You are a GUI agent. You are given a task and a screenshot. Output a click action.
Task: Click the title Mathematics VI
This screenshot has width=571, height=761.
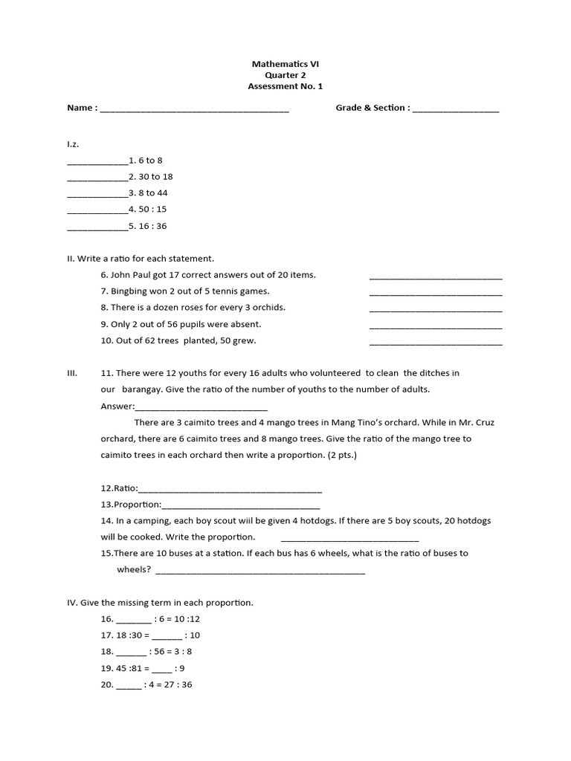pyautogui.click(x=286, y=64)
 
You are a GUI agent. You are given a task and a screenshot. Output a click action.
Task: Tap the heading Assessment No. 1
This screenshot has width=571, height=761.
pyautogui.click(x=286, y=86)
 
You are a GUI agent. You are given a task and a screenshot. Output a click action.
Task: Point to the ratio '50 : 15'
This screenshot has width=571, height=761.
pyautogui.click(x=152, y=210)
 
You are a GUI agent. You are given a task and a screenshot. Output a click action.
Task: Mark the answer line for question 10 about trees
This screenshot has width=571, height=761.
pyautogui.click(x=435, y=343)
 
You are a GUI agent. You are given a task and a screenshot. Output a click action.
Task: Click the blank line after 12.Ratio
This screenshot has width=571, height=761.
pyautogui.click(x=230, y=490)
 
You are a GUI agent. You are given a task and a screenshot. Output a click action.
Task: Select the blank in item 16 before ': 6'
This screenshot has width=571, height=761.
pyautogui.click(x=133, y=620)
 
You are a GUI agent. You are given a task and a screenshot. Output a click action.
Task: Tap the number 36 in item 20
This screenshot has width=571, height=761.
pyautogui.click(x=186, y=685)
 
